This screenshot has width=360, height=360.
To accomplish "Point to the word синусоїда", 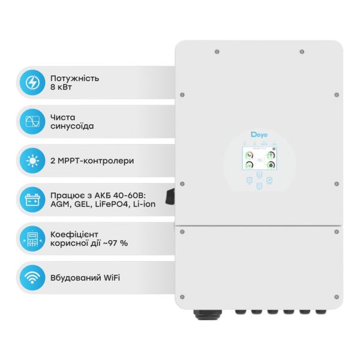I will click(74, 127).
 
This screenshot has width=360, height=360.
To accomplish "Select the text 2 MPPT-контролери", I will click(93, 161).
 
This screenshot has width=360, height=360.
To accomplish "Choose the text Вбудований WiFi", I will click(86, 278).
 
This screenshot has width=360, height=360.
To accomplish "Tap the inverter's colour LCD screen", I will click(259, 159).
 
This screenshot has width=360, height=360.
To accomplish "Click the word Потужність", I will click(75, 78).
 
